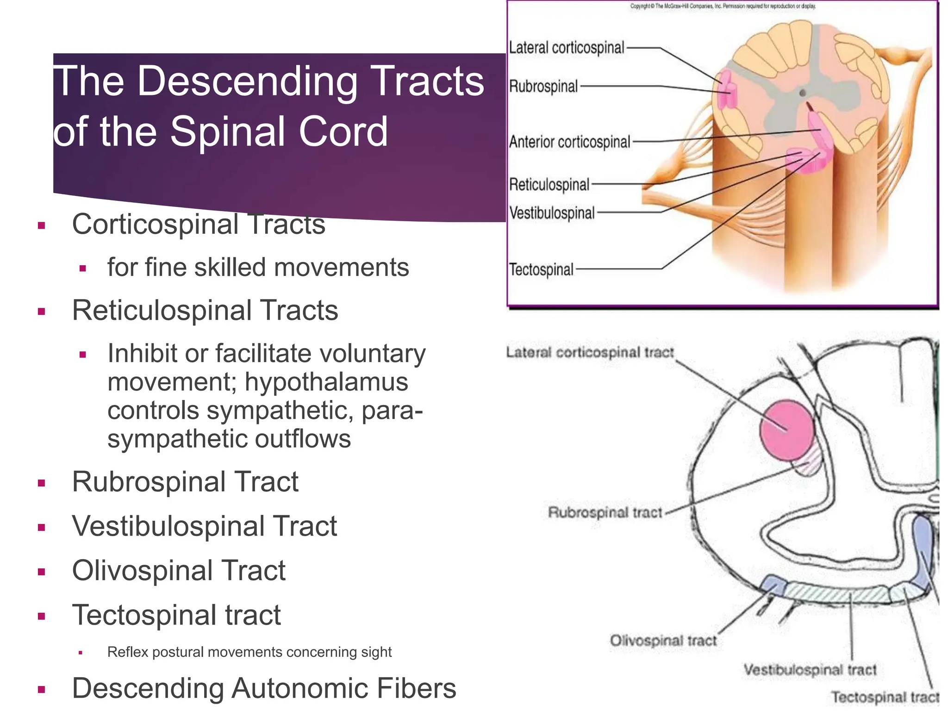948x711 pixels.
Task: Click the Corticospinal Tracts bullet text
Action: (x=199, y=225)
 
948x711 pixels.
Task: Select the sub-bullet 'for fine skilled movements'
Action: (x=258, y=268)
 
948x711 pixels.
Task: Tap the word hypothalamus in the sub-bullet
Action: (x=326, y=382)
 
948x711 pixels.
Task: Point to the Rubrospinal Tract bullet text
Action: (x=185, y=482)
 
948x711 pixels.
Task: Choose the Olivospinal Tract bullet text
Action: (x=179, y=571)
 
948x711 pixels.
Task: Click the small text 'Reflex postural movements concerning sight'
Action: (x=249, y=652)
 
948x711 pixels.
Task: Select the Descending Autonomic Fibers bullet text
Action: (x=264, y=688)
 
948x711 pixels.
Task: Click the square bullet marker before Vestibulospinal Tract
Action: (x=42, y=527)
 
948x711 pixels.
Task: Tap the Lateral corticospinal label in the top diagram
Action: (x=567, y=48)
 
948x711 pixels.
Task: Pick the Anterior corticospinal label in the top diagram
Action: (x=569, y=142)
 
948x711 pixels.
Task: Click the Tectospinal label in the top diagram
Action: (x=541, y=269)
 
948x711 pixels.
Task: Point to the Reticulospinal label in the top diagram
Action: (x=549, y=185)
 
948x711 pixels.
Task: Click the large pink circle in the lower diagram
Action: (x=786, y=430)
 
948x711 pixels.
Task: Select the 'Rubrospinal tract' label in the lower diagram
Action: (x=605, y=513)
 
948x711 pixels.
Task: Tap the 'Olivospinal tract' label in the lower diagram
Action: (x=663, y=641)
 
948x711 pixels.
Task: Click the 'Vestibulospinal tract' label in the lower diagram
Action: (x=810, y=670)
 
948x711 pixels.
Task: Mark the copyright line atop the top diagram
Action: (x=723, y=6)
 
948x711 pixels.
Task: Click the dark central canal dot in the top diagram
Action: (x=803, y=93)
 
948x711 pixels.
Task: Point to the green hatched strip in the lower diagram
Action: (x=838, y=593)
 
